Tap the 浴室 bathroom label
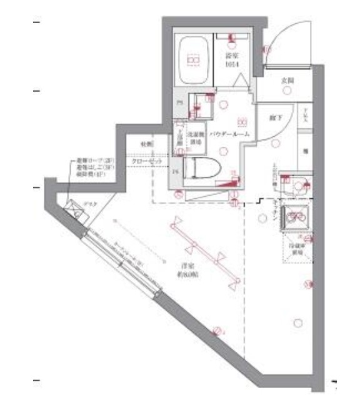(233, 60)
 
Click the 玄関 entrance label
(287, 80)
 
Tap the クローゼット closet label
(147, 162)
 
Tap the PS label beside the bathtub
(179, 102)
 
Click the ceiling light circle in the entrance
(287, 91)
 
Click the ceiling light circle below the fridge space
(307, 286)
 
